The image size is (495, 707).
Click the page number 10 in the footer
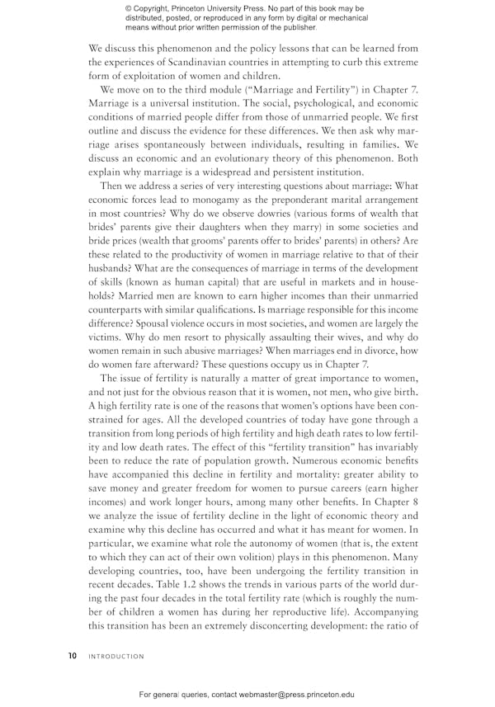pos(73,657)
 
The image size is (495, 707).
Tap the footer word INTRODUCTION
pos(116,657)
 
